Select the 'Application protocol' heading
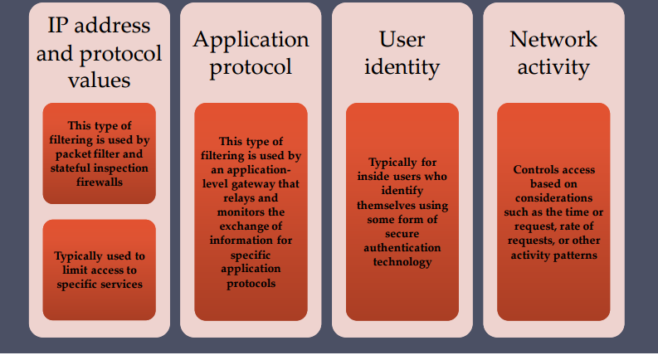(x=251, y=53)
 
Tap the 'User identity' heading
(x=402, y=53)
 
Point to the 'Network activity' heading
(x=553, y=53)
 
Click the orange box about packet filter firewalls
(x=100, y=153)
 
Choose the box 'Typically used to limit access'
(x=100, y=270)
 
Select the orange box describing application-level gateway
(x=251, y=212)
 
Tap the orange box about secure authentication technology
(x=402, y=212)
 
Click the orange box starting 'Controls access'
(x=553, y=212)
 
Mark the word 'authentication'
(x=403, y=248)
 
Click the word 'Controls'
(x=537, y=170)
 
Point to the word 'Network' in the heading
(x=553, y=39)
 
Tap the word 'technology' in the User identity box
(x=403, y=262)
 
